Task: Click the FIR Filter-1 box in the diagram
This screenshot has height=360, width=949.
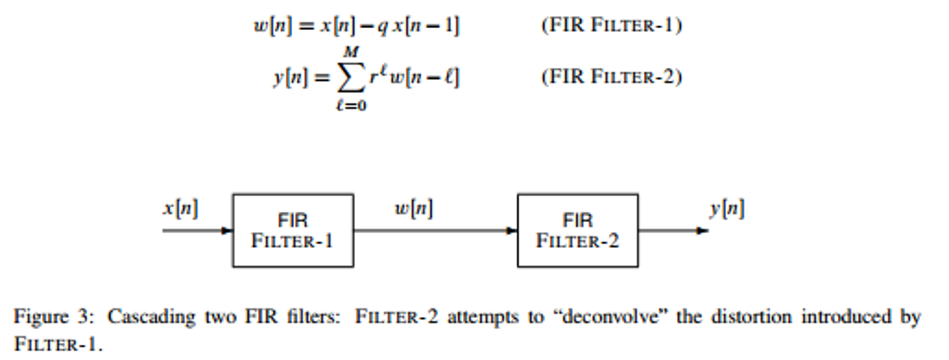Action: (293, 231)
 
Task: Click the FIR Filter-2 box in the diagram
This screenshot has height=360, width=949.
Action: (577, 231)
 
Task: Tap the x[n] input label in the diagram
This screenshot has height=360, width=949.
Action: (180, 208)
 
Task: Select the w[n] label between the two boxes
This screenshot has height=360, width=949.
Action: (414, 208)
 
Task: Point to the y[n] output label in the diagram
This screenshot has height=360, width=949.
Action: (727, 208)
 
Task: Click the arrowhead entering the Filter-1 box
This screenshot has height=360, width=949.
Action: (227, 231)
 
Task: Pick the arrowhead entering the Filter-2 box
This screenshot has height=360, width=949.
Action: (512, 231)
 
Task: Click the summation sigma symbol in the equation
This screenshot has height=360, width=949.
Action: (351, 77)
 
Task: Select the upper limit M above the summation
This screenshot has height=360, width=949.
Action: (351, 52)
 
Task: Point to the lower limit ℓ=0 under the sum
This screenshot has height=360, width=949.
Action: (351, 106)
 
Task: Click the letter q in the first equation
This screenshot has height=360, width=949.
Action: (383, 26)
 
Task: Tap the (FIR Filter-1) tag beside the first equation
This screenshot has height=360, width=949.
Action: (611, 25)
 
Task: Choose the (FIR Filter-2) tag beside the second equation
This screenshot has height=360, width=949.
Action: (611, 77)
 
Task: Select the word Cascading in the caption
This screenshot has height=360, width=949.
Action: (151, 317)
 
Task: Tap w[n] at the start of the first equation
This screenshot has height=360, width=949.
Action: (273, 26)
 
